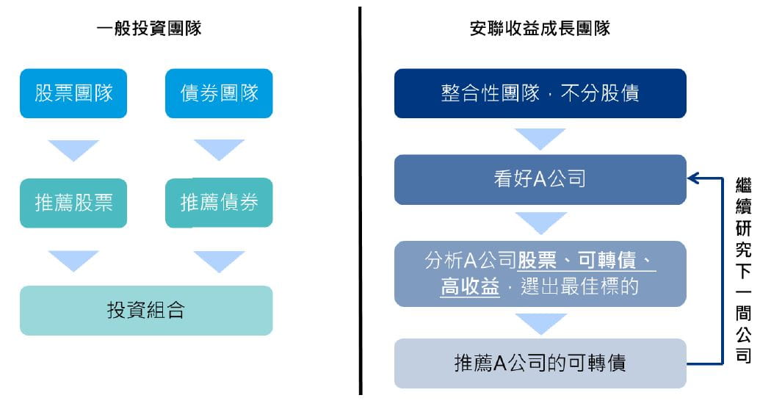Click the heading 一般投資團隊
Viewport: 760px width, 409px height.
[x=149, y=28]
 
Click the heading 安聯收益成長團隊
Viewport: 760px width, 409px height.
[x=540, y=28]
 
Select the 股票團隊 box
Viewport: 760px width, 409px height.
[x=73, y=93]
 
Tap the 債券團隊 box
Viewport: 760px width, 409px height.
[x=219, y=93]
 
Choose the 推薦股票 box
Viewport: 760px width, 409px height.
[x=73, y=203]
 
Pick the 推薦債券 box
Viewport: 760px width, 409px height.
[x=219, y=203]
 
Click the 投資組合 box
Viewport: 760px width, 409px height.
[x=146, y=311]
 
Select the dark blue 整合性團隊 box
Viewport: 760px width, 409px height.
[x=540, y=93]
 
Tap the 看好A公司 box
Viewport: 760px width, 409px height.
[x=540, y=179]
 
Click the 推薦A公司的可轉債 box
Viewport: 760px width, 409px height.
[x=540, y=363]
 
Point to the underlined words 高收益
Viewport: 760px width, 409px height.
[x=470, y=286]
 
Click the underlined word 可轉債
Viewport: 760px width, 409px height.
[x=607, y=261]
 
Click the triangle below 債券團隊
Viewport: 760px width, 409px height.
[x=219, y=150]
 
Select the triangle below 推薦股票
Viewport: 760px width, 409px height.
[x=73, y=261]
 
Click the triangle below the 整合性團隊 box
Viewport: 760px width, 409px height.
[x=540, y=139]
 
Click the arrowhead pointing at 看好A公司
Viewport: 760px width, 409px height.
[x=693, y=178]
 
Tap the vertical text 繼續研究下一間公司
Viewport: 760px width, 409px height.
[x=744, y=270]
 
